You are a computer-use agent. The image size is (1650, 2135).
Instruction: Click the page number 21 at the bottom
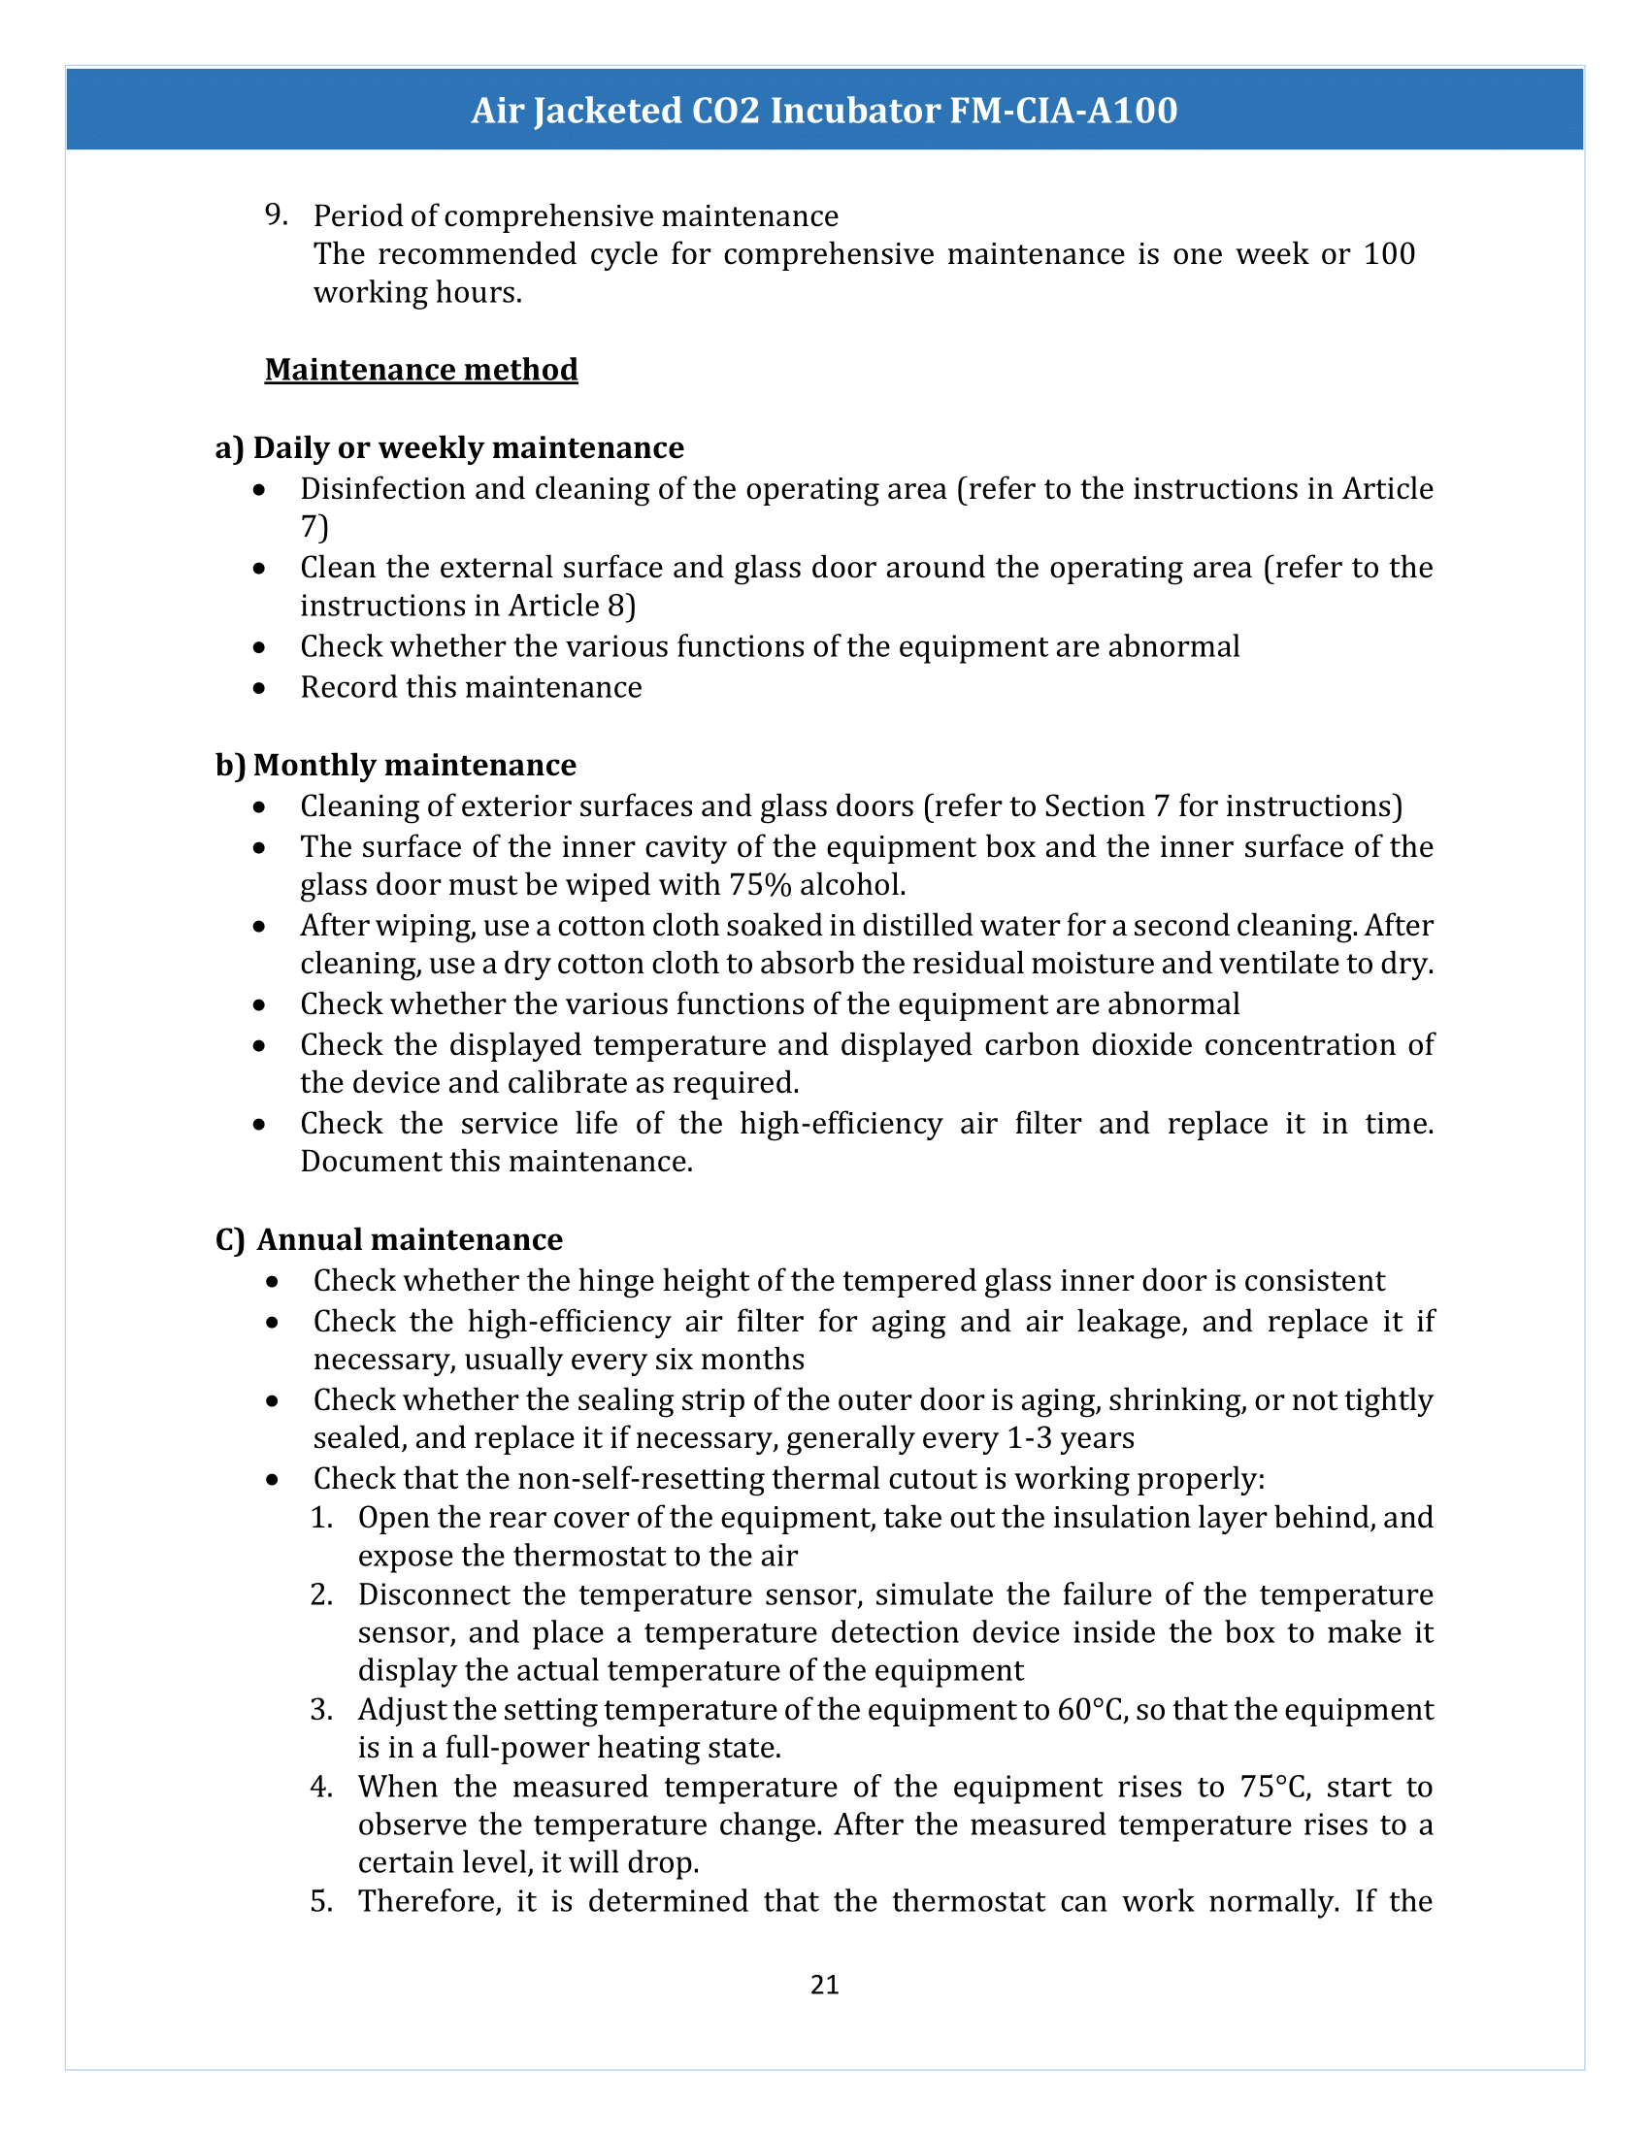point(824,1984)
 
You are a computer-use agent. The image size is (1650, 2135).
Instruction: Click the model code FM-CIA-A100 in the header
point(1064,111)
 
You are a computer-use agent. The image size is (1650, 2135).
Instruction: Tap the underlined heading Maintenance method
point(421,370)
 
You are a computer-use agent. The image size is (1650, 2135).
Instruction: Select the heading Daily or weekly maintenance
point(468,447)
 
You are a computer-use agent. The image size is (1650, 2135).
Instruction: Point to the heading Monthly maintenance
point(414,765)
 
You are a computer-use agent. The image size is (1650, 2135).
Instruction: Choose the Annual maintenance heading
point(410,1239)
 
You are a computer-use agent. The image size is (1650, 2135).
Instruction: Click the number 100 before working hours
point(1389,254)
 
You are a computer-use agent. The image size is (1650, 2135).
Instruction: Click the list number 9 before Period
point(276,215)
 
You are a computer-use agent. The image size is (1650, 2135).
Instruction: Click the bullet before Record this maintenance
point(259,688)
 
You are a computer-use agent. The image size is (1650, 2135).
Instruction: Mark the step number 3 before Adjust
point(321,1710)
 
